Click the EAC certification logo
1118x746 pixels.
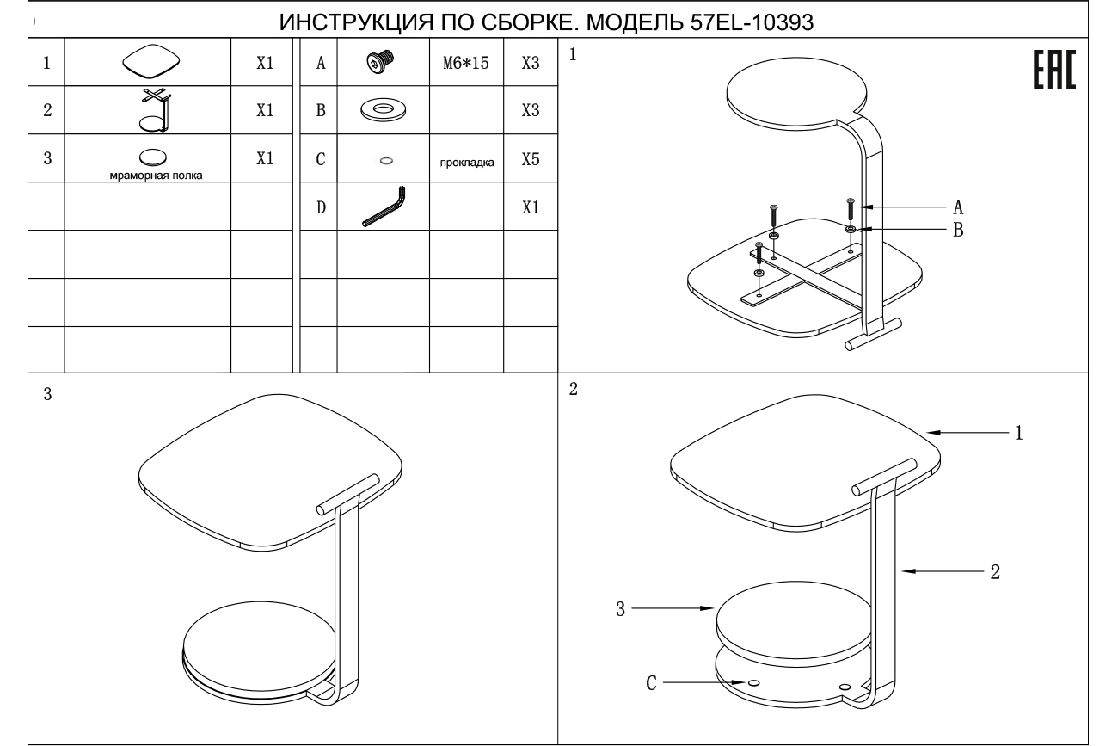pyautogui.click(x=1054, y=70)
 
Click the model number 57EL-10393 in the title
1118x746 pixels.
pyautogui.click(x=752, y=22)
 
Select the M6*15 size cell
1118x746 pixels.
pyautogui.click(x=466, y=63)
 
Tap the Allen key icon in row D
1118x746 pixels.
pyautogui.click(x=384, y=207)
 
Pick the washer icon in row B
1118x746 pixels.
pyautogui.click(x=384, y=109)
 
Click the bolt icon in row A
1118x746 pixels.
pyautogui.click(x=380, y=62)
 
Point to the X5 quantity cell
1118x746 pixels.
pyautogui.click(x=531, y=159)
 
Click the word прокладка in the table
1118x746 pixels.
pyautogui.click(x=467, y=163)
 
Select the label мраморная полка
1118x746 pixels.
pyautogui.click(x=156, y=176)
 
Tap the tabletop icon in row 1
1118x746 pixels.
pyautogui.click(x=150, y=61)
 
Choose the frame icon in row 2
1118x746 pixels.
pyautogui.click(x=155, y=110)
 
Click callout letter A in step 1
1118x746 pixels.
pyautogui.click(x=958, y=207)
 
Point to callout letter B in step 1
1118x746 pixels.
pyautogui.click(x=958, y=230)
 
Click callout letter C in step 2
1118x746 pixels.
pyautogui.click(x=651, y=683)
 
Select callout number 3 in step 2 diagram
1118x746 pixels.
pyautogui.click(x=620, y=609)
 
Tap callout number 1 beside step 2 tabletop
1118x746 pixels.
pyautogui.click(x=1019, y=433)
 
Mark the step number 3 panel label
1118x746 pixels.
pyautogui.click(x=47, y=394)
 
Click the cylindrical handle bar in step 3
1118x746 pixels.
pyautogui.click(x=348, y=495)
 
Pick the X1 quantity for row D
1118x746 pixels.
pyautogui.click(x=531, y=207)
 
